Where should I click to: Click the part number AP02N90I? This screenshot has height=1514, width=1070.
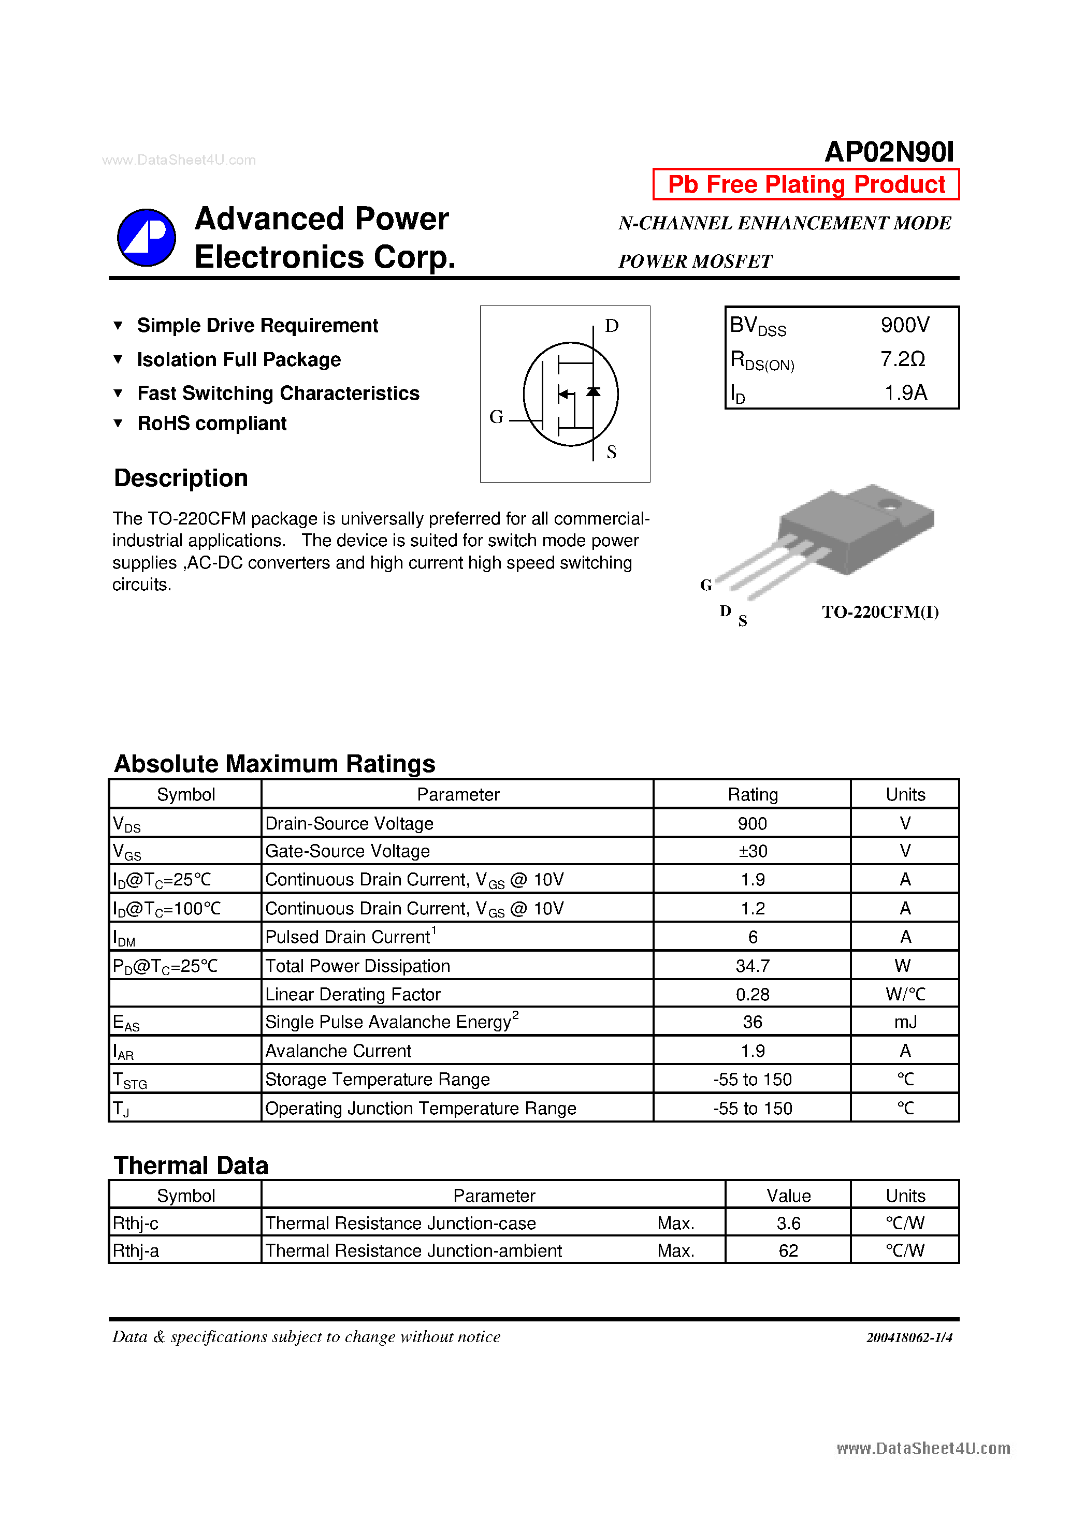coord(889,152)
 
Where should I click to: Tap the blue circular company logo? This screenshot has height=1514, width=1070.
coord(147,237)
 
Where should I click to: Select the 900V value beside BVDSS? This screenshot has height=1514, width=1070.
coord(904,325)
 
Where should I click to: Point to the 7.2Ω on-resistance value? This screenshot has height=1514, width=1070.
coord(902,359)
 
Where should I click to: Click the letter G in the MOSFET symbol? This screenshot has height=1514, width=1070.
coord(496,417)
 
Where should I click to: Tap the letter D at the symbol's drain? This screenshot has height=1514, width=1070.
coord(612,326)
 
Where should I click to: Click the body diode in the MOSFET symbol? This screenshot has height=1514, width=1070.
coord(593,392)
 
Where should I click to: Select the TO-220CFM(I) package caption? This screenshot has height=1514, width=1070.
coord(880,612)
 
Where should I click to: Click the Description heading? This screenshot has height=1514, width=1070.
coord(181,478)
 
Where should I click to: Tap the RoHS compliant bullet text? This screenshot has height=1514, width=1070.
coord(212,424)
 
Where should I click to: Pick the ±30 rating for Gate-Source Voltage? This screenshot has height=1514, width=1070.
coord(752,851)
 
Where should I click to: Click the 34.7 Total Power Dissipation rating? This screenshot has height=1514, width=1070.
coord(752,966)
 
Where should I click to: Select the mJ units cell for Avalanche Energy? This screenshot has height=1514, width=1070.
coord(905,1022)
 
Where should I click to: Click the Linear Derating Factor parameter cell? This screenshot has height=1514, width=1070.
coord(352,994)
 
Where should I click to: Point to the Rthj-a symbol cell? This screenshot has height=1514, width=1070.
coord(136,1251)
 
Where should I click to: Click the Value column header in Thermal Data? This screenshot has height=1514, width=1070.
coord(788,1196)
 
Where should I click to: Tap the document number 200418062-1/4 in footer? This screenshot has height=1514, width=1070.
coord(909,1337)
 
